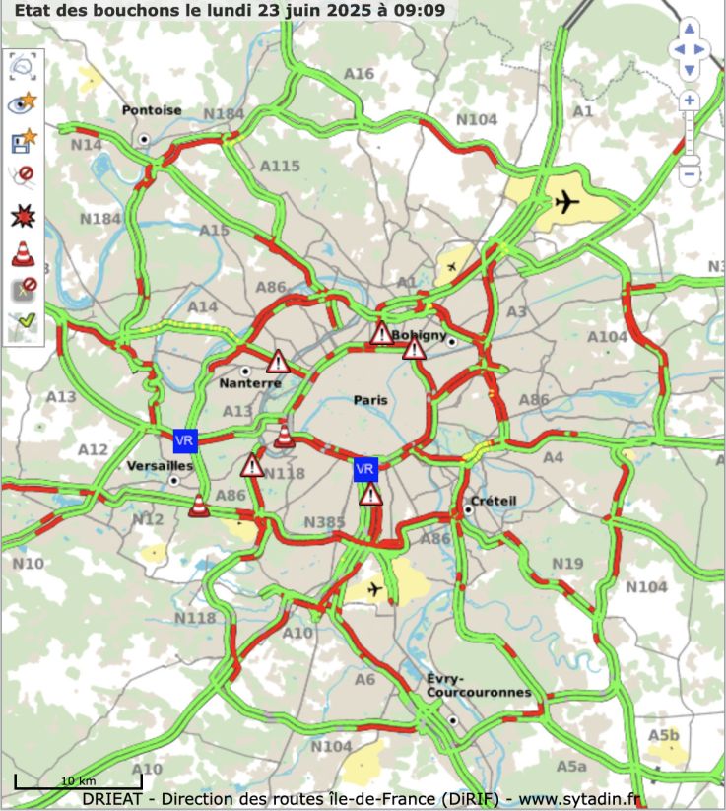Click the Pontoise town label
click(x=152, y=110)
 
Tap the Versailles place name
click(x=160, y=465)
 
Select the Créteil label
click(x=494, y=501)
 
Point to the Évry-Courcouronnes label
click(x=479, y=686)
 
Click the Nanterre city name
click(x=249, y=383)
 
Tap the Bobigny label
click(x=419, y=335)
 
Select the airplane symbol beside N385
click(x=374, y=589)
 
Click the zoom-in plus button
click(x=689, y=101)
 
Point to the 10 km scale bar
click(x=78, y=782)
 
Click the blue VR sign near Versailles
click(x=185, y=440)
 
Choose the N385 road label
click(x=325, y=521)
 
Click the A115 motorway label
click(x=280, y=166)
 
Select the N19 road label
click(x=567, y=564)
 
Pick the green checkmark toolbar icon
click(x=23, y=323)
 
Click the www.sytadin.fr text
click(x=580, y=798)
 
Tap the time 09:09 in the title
click(x=425, y=11)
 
